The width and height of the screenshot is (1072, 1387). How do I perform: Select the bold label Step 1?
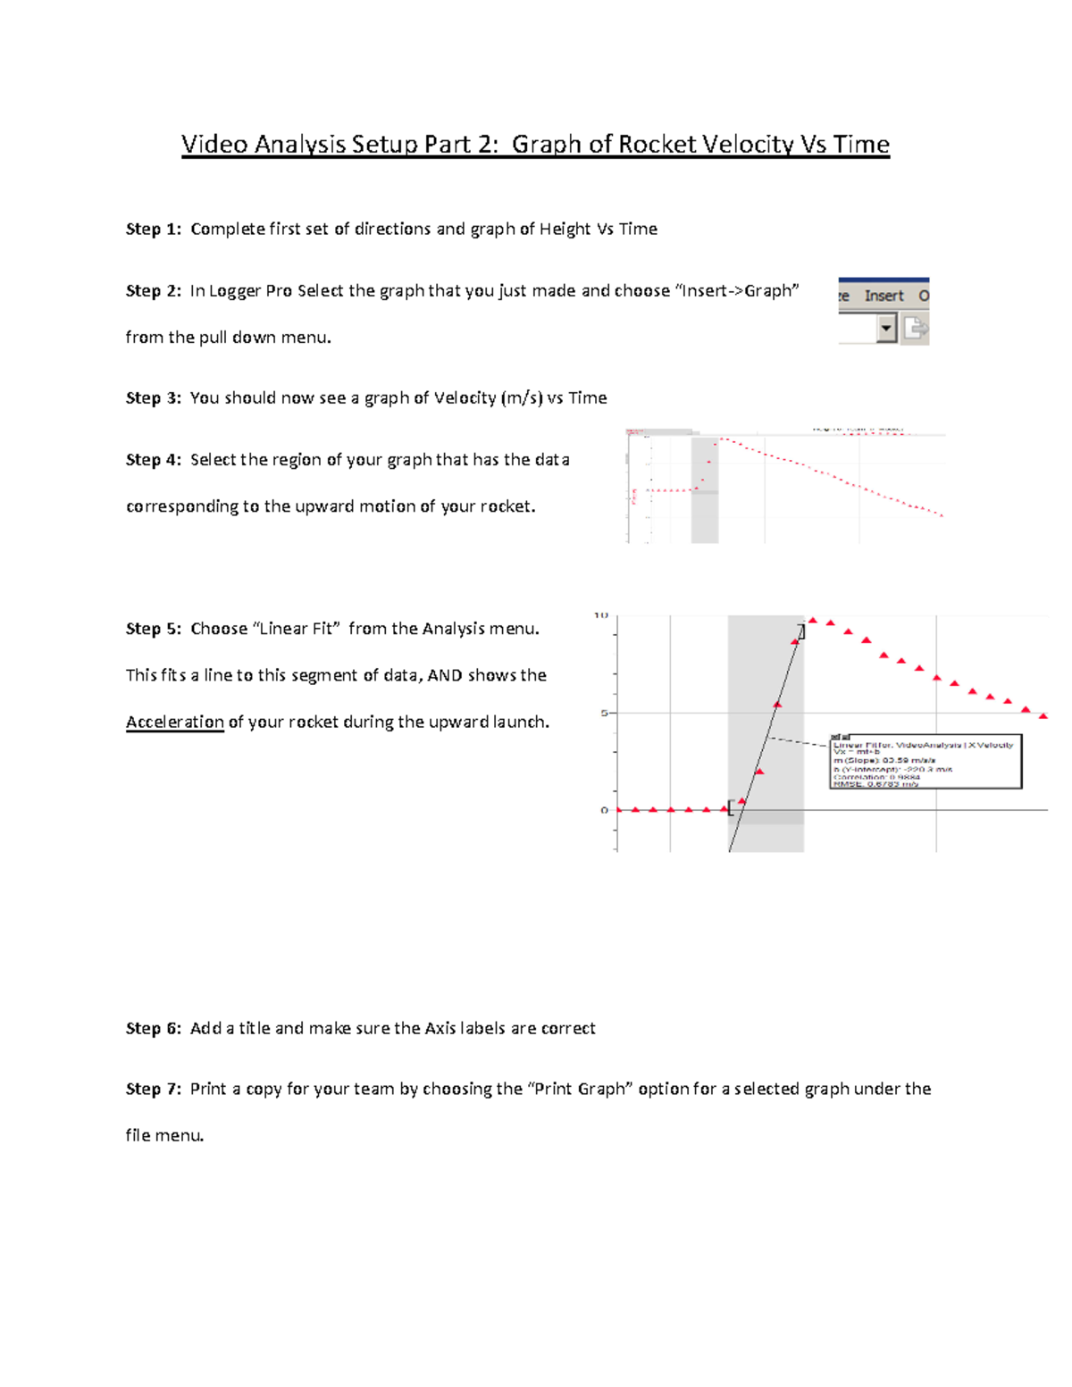click(154, 230)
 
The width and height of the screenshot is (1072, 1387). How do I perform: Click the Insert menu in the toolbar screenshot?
click(884, 296)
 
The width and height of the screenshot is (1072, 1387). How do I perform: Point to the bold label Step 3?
click(154, 398)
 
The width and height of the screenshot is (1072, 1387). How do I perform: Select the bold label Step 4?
click(154, 460)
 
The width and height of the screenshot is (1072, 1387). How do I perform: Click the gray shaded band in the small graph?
click(705, 518)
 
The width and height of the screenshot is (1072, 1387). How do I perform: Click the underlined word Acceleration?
click(175, 722)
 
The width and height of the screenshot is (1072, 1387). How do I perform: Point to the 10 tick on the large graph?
click(601, 615)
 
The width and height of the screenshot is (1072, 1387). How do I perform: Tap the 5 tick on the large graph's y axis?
click(604, 713)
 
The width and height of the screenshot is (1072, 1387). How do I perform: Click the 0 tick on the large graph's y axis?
click(604, 810)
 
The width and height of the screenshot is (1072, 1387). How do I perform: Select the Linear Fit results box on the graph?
click(925, 762)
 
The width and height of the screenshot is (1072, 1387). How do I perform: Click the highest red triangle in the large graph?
click(813, 620)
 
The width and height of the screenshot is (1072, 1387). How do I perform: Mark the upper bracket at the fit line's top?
click(801, 631)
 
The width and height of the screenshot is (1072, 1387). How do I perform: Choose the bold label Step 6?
click(154, 1029)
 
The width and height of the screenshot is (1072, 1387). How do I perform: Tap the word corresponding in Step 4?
click(181, 507)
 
